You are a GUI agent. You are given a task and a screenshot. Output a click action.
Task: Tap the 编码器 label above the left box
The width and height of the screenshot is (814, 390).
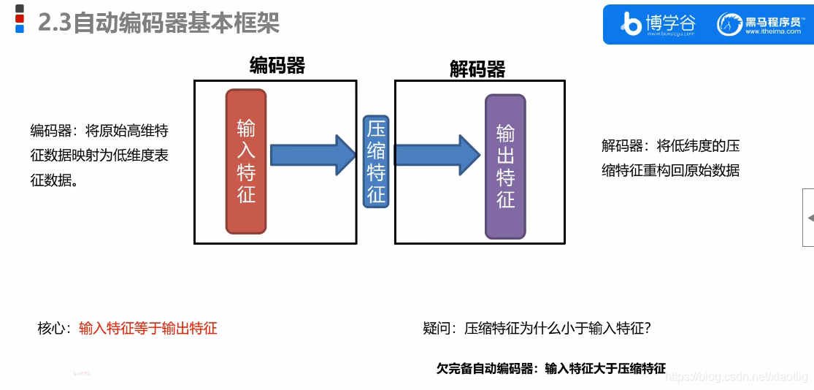tap(277, 66)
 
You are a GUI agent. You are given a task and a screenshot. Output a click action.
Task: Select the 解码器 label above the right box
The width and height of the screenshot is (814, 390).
tap(477, 69)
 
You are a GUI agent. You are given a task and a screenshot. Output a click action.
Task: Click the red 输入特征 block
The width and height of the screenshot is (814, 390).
tap(246, 161)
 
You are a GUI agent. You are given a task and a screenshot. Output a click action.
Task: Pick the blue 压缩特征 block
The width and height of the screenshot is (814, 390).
tap(376, 162)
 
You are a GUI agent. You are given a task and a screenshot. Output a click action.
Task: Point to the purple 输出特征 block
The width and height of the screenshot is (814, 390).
tap(506, 167)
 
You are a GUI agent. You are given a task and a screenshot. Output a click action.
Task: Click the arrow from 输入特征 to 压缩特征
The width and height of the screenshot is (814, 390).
tap(311, 155)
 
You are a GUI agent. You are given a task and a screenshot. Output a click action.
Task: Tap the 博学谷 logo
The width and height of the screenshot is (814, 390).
tap(657, 24)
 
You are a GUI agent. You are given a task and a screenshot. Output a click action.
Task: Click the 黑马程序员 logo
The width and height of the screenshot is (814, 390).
tap(759, 24)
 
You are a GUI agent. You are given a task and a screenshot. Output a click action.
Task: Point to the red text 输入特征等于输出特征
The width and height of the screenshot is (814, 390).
tap(148, 328)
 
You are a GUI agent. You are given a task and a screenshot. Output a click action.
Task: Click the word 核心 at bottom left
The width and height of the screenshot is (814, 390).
tap(53, 328)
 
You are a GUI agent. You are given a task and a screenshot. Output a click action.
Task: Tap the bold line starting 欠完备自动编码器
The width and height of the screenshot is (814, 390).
tap(551, 368)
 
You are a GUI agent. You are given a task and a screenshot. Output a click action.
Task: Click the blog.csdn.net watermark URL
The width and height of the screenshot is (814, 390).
tap(738, 376)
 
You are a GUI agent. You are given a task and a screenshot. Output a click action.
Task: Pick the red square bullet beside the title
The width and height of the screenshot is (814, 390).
tap(20, 18)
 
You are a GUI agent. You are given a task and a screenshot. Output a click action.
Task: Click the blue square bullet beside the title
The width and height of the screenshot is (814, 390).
tap(20, 29)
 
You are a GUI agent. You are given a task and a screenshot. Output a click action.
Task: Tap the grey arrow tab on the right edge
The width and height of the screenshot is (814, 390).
tap(808, 218)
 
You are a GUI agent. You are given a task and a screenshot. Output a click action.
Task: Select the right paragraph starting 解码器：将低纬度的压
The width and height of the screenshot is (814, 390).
tap(670, 158)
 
